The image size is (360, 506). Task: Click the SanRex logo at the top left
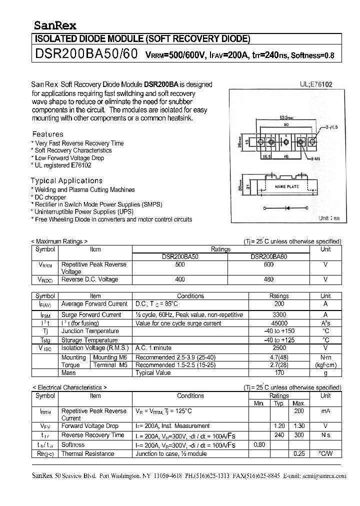(55, 25)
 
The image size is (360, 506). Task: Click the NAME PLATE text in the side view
(287, 186)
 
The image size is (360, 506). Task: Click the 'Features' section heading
(48, 134)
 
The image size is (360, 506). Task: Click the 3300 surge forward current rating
(279, 315)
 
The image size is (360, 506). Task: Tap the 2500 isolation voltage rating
(279, 347)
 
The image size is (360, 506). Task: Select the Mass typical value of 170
(279, 372)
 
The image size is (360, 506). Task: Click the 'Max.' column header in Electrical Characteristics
(299, 403)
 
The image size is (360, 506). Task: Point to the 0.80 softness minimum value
(259, 444)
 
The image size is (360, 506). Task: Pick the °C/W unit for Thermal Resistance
(325, 453)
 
